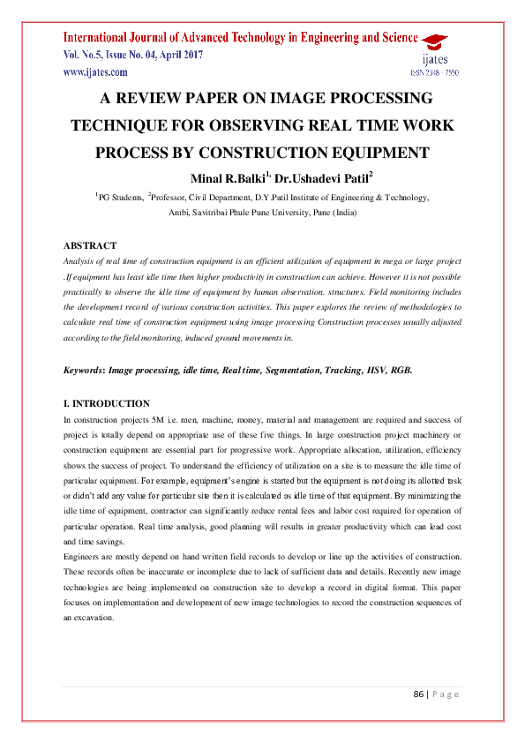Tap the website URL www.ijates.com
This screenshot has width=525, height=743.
click(92, 72)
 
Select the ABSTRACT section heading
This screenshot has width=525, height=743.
click(90, 245)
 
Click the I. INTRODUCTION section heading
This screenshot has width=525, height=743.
click(107, 403)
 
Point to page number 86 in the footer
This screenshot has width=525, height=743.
click(419, 694)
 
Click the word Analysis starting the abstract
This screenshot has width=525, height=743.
click(80, 261)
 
